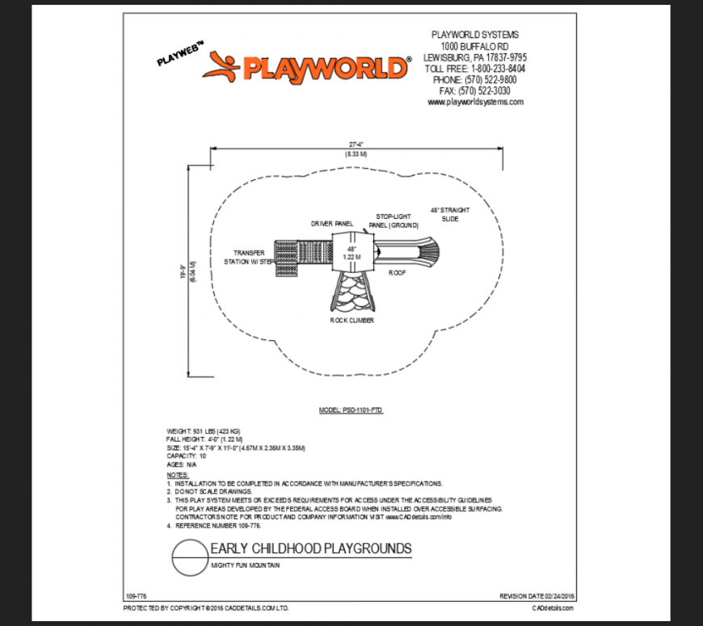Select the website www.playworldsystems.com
475,102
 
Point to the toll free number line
475,69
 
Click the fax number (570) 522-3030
475,91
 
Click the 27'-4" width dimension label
356,144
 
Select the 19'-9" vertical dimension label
184,273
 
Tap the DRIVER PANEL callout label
332,223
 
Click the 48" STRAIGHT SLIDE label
449,214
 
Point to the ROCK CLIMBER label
351,320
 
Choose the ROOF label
396,273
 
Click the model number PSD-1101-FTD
351,410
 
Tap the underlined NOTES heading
177,475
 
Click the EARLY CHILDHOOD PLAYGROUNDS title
310,549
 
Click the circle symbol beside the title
189,558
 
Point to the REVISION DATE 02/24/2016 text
537,595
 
